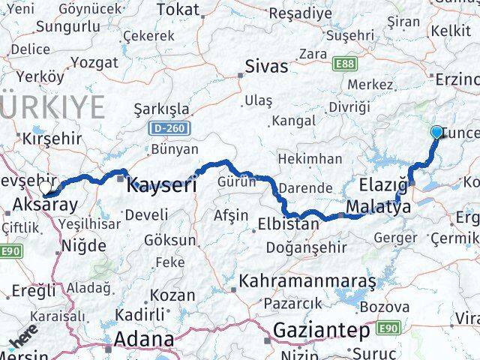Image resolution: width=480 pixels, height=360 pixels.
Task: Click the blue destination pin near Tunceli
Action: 437,133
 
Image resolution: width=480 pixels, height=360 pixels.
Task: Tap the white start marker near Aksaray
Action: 47,188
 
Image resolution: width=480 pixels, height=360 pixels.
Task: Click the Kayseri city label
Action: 163,184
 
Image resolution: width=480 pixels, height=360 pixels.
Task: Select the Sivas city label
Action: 266,67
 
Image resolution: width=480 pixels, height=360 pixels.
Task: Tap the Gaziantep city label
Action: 322,330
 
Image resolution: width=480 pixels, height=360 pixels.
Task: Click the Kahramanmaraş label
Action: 307,282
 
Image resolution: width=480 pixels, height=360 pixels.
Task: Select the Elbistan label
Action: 289,223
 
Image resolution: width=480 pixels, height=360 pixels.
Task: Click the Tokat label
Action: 178,10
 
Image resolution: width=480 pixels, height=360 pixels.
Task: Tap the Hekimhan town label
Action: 310,159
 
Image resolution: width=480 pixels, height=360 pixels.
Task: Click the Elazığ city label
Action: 384,184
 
